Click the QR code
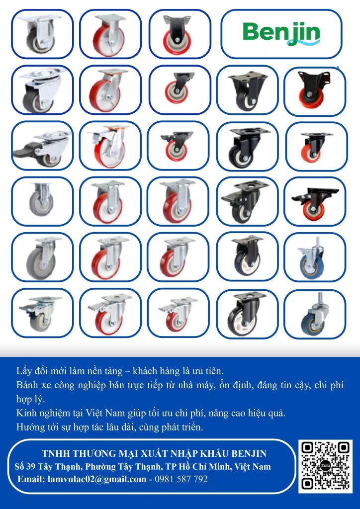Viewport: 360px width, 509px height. click(x=325, y=466)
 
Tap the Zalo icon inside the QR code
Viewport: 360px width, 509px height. click(x=325, y=466)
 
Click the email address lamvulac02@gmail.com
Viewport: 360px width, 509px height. click(x=97, y=479)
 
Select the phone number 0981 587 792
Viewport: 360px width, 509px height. click(x=181, y=479)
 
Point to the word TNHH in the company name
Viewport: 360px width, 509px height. click(x=53, y=453)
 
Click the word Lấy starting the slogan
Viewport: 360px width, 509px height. click(x=23, y=370)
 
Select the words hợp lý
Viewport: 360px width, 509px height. click(x=30, y=399)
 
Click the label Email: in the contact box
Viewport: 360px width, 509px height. click(x=31, y=479)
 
